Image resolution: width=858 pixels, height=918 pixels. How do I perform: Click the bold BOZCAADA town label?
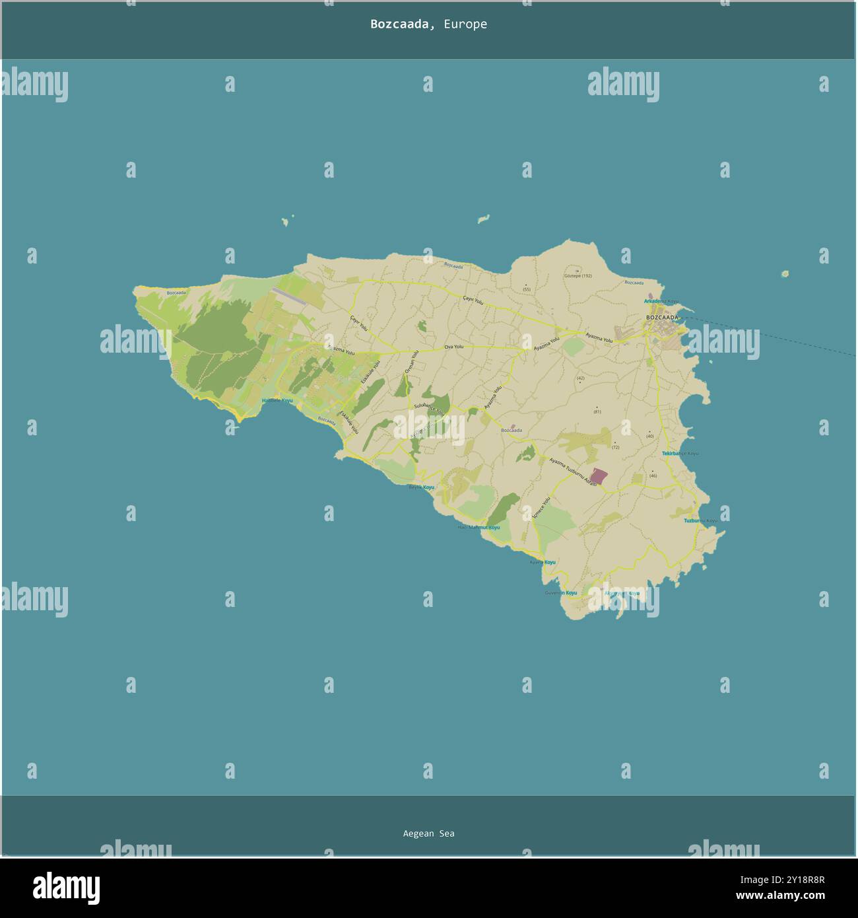[662, 318]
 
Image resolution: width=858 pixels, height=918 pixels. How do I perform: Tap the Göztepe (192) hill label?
[578, 276]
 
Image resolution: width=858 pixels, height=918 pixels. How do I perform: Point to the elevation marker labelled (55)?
[526, 289]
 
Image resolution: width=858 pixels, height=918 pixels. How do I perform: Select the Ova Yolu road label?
[453, 347]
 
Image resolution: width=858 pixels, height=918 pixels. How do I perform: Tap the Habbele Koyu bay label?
[277, 400]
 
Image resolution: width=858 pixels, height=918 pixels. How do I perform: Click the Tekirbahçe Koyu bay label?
[680, 454]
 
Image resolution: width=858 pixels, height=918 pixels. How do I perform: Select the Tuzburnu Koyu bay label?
[700, 520]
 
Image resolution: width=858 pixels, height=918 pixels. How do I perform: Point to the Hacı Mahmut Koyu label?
[478, 528]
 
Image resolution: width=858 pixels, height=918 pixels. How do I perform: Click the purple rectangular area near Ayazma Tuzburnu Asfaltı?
[598, 476]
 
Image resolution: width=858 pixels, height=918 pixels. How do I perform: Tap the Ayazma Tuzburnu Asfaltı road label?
[572, 472]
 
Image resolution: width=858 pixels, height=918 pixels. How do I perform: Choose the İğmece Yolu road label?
[541, 507]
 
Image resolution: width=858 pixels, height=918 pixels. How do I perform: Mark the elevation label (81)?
[597, 412]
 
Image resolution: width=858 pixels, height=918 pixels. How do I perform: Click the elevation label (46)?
[653, 476]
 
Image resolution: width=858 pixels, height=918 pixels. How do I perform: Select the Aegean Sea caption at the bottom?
[428, 833]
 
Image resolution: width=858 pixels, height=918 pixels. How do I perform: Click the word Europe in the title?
[465, 24]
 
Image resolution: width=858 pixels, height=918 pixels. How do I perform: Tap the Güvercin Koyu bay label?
[560, 593]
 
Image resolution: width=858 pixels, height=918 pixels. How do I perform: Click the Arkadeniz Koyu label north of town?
[661, 301]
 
